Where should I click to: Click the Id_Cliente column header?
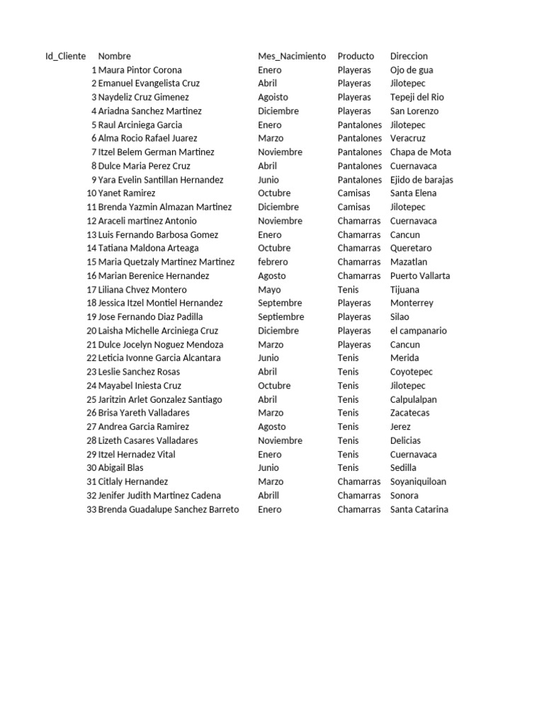coord(66,56)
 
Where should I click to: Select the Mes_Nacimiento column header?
coord(292,56)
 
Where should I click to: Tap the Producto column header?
coord(356,56)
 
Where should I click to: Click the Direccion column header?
coord(409,56)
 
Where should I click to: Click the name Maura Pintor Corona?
coord(140,70)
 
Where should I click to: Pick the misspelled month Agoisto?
coord(273,97)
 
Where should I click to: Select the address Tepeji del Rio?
coord(416,97)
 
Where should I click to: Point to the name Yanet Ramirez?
coord(127,193)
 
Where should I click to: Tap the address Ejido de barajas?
coord(421,180)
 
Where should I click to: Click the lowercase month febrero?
coord(273,262)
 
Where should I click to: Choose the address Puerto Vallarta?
coord(419,276)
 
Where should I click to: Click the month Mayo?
coord(269,290)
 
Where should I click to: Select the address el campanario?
coord(418,331)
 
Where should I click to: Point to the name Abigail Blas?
coord(120,468)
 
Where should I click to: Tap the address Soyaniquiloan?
coord(418,481)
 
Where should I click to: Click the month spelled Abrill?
coord(268,496)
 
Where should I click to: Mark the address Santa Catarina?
coord(419,509)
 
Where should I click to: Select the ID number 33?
coord(91,509)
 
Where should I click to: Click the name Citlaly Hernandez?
coord(133,481)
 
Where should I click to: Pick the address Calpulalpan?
coord(413,399)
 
